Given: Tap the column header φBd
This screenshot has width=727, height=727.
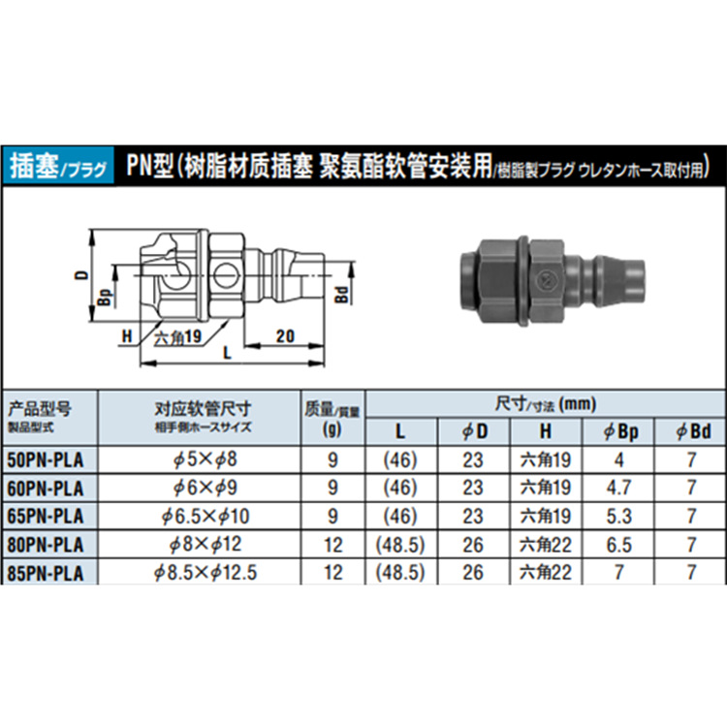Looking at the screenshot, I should pyautogui.click(x=691, y=430).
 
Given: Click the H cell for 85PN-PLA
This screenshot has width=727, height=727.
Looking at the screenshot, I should pyautogui.click(x=546, y=573).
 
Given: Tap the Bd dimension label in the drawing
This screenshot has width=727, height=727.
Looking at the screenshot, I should pyautogui.click(x=341, y=296).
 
